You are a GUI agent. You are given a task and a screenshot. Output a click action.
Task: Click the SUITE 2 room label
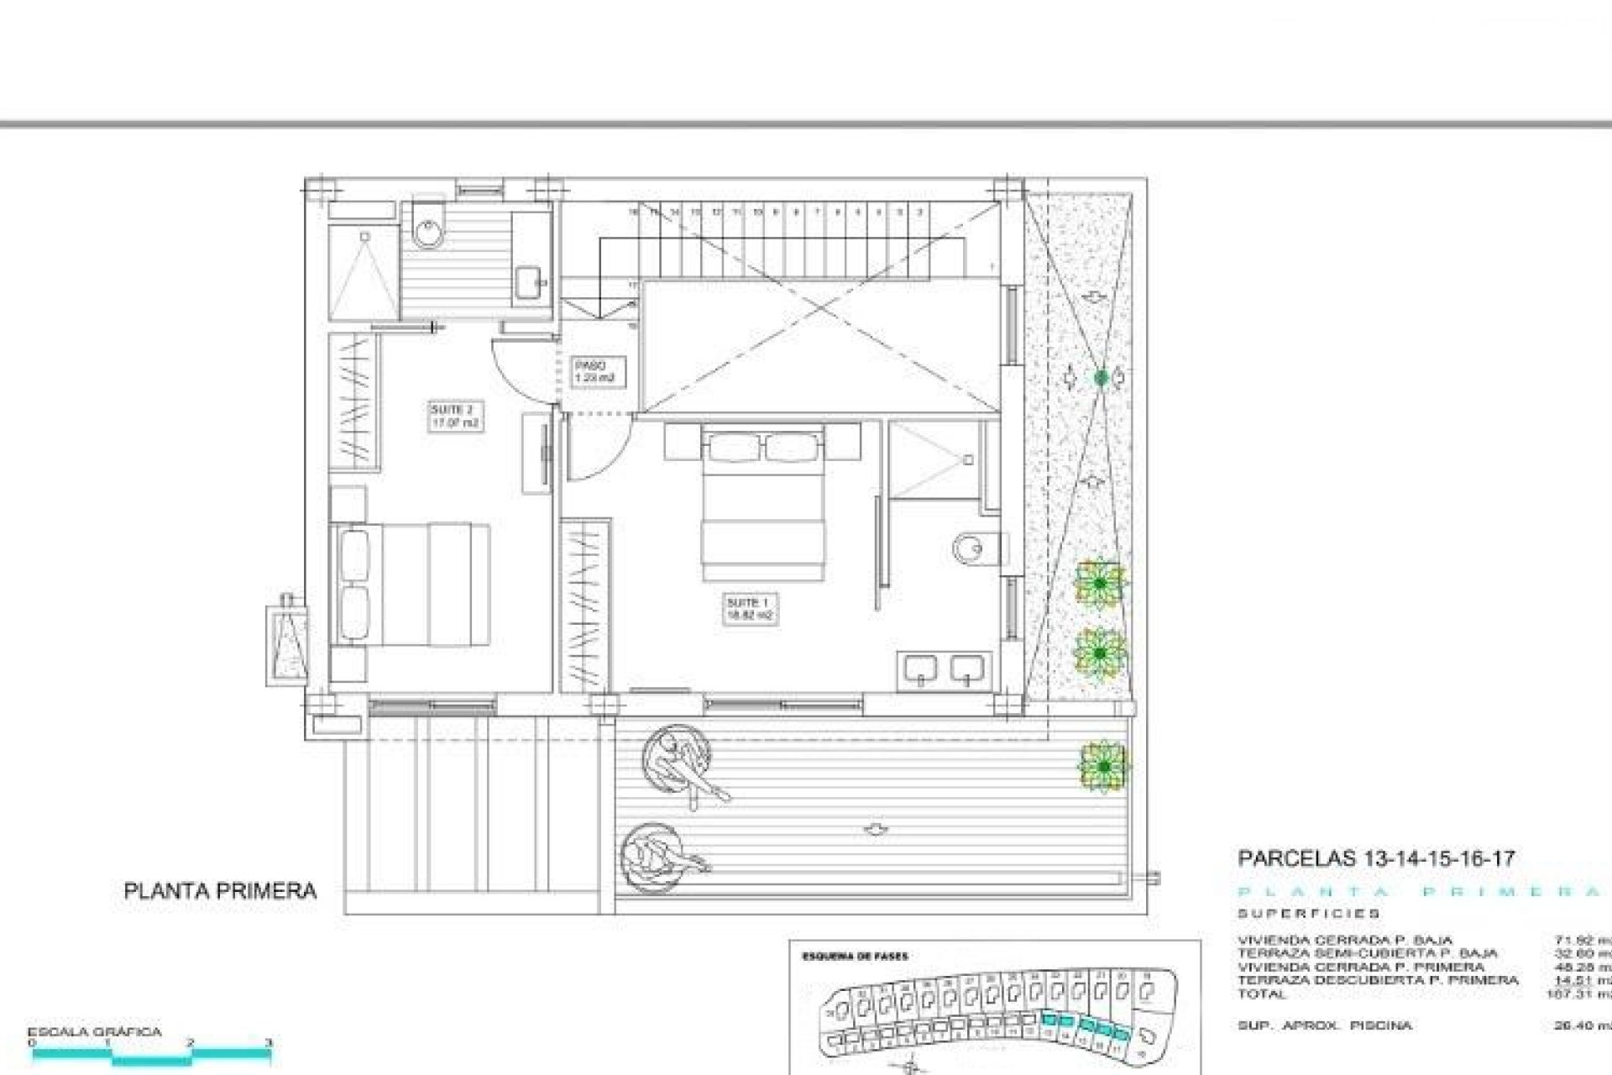pyautogui.click(x=454, y=417)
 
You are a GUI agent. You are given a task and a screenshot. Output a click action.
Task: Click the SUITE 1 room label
pyautogui.click(x=749, y=609)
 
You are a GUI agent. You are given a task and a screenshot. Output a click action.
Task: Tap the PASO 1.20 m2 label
pyautogui.click(x=594, y=371)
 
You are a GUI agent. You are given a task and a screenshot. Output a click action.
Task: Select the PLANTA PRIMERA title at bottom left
pyautogui.click(x=220, y=891)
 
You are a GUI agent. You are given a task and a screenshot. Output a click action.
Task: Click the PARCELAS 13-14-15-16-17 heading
pyautogui.click(x=1376, y=858)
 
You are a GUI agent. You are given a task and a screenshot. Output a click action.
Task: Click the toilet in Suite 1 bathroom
pyautogui.click(x=974, y=549)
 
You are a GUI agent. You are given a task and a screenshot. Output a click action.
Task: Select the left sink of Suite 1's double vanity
pyautogui.click(x=921, y=669)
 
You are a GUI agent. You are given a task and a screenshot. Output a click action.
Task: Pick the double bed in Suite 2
pyautogui.click(x=411, y=585)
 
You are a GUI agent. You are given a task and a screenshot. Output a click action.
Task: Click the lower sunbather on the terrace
pyautogui.click(x=659, y=857)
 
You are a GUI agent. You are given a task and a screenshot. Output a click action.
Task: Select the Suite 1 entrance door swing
pyautogui.click(x=597, y=450)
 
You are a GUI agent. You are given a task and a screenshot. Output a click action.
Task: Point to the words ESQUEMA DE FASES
pyautogui.click(x=855, y=957)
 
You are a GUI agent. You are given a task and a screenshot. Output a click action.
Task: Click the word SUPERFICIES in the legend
pyautogui.click(x=1308, y=914)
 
